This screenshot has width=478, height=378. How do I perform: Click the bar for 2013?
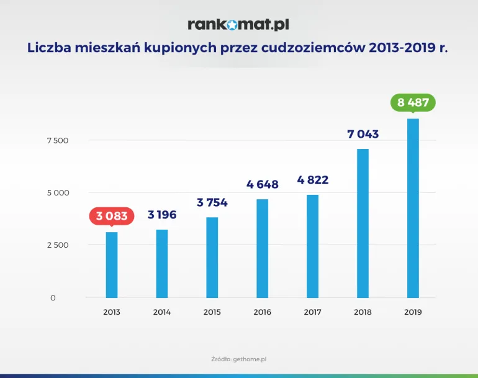pos(112,265)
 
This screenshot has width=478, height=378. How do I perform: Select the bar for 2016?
pos(263,248)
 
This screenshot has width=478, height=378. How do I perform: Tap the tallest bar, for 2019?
pos(413,208)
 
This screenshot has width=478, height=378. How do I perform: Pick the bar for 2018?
pos(363,223)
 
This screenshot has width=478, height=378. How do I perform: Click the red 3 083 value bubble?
pos(112,216)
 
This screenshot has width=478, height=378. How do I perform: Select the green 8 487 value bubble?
pos(413,102)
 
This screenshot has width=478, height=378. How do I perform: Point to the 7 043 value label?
pos(363,134)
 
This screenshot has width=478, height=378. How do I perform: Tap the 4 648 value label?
pos(263,184)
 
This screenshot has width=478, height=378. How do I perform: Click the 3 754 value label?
pos(212,202)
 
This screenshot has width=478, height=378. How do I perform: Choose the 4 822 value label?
pos(312,181)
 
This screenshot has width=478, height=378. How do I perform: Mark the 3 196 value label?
pos(162,215)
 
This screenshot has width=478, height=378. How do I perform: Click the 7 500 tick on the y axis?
pos(57,140)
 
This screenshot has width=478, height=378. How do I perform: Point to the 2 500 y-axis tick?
pos(57,245)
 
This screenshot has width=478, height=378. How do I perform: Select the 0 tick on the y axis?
pos(53,298)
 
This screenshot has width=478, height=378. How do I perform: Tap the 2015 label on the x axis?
pos(212,312)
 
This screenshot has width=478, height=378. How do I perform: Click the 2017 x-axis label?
pos(312,312)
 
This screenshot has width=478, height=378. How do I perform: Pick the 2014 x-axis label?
pos(162,312)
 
